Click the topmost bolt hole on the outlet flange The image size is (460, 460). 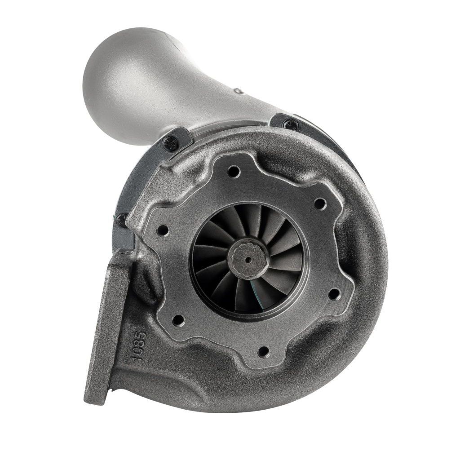tap(234, 170)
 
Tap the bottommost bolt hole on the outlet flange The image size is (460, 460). tap(264, 349)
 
